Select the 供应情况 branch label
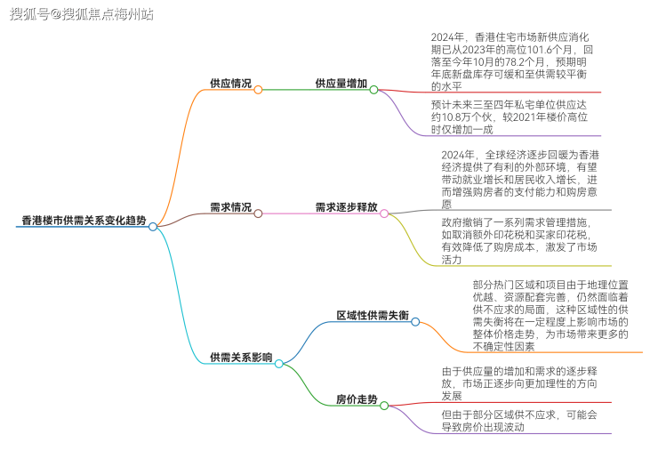pyautogui.click(x=230, y=83)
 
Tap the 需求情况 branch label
pyautogui.click(x=230, y=207)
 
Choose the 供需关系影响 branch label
pyautogui.click(x=241, y=357)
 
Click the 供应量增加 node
pyautogui.click(x=341, y=83)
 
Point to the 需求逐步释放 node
pyautogui.click(x=346, y=207)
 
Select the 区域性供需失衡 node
pyautogui.click(x=372, y=315)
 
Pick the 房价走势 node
pyautogui.click(x=357, y=399)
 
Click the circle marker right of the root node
pyautogui.click(x=153, y=227)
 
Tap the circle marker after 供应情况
pyautogui.click(x=259, y=89)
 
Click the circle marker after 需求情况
pyautogui.click(x=259, y=213)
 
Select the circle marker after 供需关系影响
pyautogui.click(x=278, y=363)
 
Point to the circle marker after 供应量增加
pyautogui.click(x=374, y=89)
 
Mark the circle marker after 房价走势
pyautogui.click(x=384, y=406)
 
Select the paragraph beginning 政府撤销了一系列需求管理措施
pyautogui.click(x=519, y=240)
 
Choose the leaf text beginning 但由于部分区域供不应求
pyautogui.click(x=519, y=420)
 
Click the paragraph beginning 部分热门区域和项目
pyautogui.click(x=551, y=315)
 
